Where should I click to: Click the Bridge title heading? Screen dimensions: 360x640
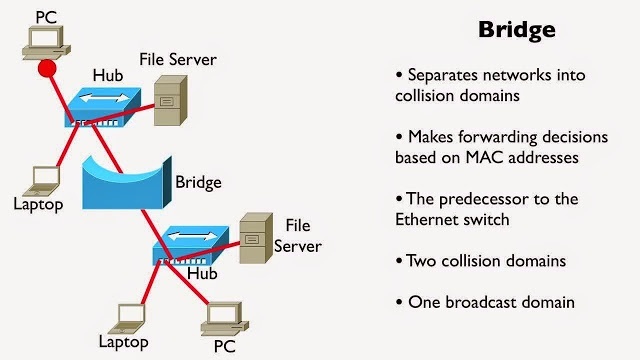[515, 30]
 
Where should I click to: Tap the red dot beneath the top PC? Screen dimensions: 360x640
[46, 69]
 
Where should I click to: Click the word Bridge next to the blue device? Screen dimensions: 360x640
[198, 182]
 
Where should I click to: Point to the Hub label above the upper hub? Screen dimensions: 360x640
[107, 74]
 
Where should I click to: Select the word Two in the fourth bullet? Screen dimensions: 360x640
[422, 261]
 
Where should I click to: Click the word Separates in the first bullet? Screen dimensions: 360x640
[446, 75]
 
